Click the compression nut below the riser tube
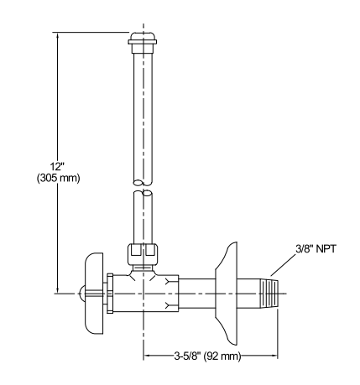coord(140,251)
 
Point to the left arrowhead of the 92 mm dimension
coord(144,356)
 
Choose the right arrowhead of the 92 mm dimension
coord(274,356)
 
